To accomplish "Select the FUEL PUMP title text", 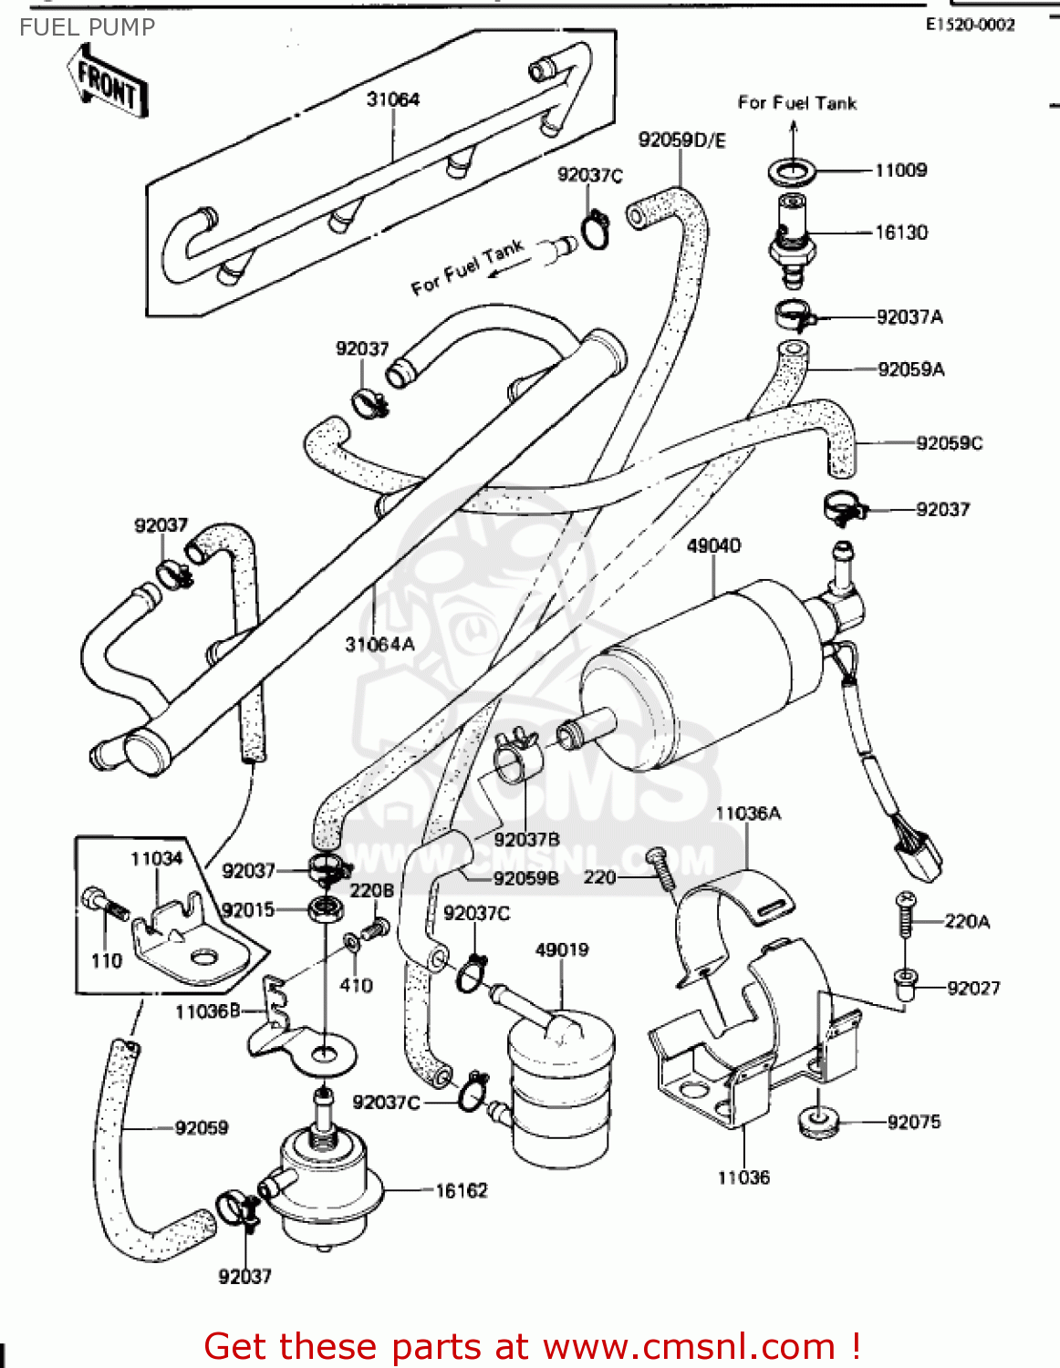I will pos(88,27).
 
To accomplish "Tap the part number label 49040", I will pos(713,545).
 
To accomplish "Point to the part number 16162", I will pos(461,1190).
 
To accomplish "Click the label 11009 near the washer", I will pos(900,170).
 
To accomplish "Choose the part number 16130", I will pos(901,233).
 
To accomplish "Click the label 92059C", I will pos(949,443).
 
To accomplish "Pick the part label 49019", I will pos(562,949).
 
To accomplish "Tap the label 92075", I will pos(913,1122).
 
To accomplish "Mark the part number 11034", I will pos(156,858).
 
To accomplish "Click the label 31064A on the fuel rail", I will pos(379,644).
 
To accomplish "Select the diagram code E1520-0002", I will pos(970,25).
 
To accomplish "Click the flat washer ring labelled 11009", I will pos(792,170).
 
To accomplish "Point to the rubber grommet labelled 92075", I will pos(817,1122).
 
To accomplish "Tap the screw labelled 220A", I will pos(906,915).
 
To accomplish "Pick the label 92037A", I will pos(909,317).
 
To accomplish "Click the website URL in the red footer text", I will pos(689,1346).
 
